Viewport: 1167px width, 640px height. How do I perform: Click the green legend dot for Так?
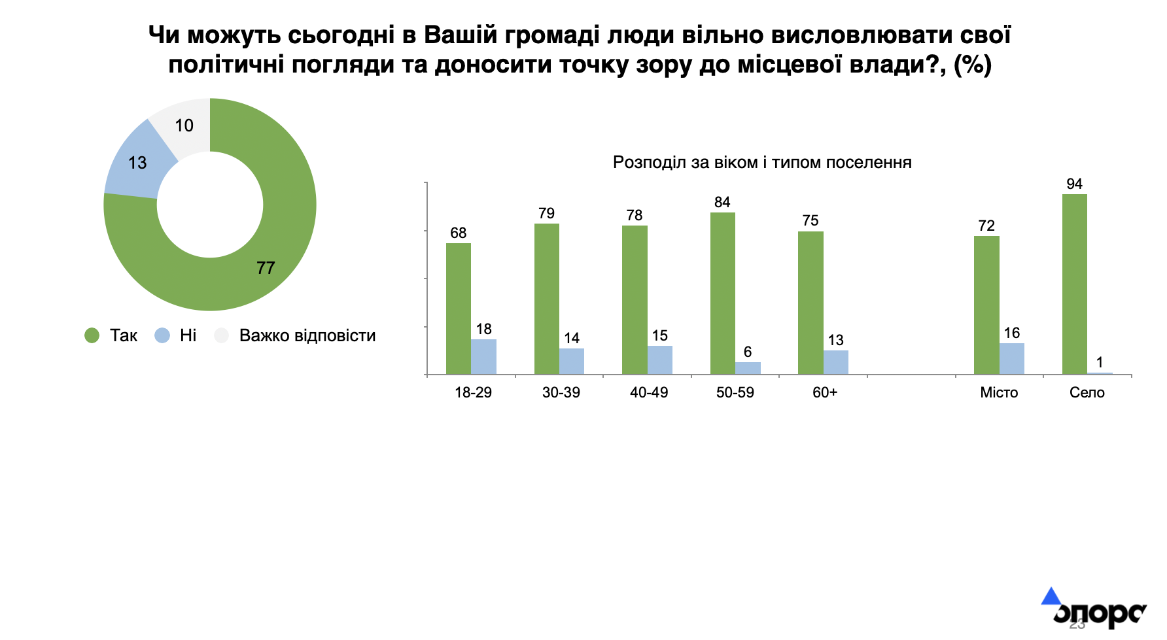click(92, 335)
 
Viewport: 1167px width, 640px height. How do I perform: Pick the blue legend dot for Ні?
click(162, 335)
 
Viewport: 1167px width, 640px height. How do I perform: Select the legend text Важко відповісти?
click(307, 335)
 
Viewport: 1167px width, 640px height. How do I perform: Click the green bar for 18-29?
click(459, 309)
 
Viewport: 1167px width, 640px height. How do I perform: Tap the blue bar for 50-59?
click(748, 369)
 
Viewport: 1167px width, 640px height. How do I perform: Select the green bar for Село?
click(1074, 284)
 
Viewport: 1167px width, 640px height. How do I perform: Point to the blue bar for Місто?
click(1012, 359)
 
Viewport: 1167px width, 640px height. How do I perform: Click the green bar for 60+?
click(810, 303)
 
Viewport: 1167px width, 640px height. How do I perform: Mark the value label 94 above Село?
click(1074, 184)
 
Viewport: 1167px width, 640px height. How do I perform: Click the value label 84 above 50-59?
click(722, 202)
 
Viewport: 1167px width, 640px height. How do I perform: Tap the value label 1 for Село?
click(1100, 362)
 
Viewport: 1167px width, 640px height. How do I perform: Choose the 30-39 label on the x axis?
click(561, 392)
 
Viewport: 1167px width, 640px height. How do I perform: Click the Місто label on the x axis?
click(999, 392)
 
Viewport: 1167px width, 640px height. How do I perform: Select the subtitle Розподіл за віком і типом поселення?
click(762, 162)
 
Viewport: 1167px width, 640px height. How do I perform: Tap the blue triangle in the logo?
click(1051, 596)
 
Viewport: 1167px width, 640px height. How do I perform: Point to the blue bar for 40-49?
click(660, 360)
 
